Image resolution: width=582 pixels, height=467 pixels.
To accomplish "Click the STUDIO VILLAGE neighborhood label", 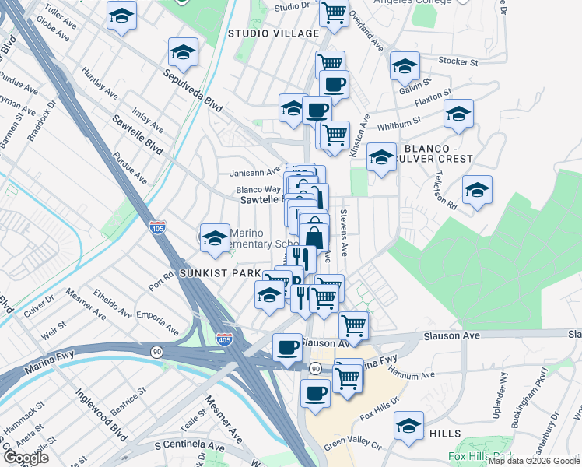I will click(x=273, y=33).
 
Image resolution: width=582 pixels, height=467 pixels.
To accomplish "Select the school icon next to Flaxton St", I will click(x=458, y=114).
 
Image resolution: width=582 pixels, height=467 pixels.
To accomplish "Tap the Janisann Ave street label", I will click(x=254, y=172).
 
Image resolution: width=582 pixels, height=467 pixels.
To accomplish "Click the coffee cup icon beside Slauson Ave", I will click(x=287, y=347).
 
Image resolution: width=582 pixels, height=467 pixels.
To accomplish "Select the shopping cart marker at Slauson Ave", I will click(x=353, y=325).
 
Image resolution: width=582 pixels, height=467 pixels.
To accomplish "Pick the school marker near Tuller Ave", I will click(x=121, y=18).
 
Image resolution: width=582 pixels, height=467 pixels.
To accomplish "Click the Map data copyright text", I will click(x=534, y=461).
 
